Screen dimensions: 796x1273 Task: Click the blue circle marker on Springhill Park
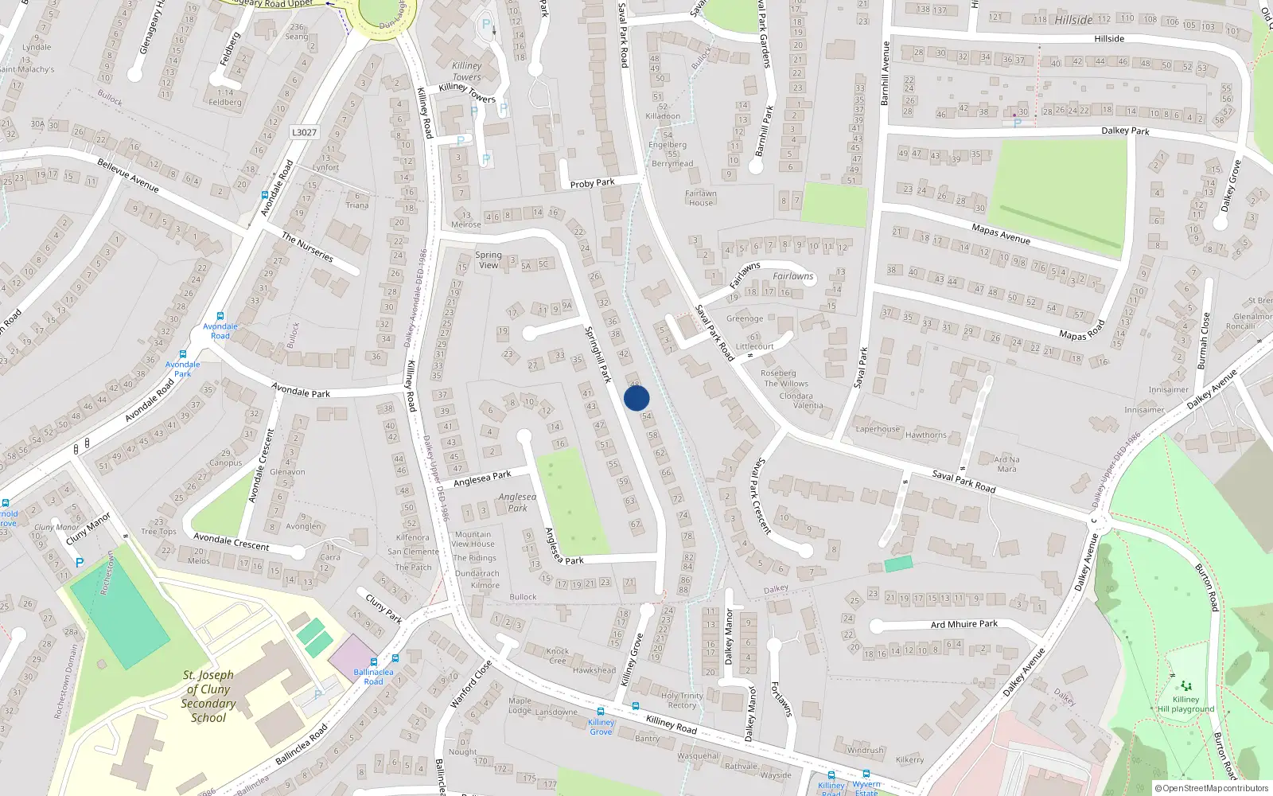pos(636,398)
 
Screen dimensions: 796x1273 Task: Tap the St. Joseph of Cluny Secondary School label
pos(208,696)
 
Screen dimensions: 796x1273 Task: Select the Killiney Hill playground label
pos(1185,704)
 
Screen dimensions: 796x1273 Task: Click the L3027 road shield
pos(304,132)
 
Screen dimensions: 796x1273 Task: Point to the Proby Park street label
pos(592,183)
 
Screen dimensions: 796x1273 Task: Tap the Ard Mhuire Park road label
pos(964,624)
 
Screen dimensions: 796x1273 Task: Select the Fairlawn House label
pos(701,198)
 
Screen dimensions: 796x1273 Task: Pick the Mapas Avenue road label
pos(1001,234)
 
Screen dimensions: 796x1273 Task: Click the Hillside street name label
pos(1109,38)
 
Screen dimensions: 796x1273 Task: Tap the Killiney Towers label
pos(467,72)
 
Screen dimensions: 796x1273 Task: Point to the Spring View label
pos(489,260)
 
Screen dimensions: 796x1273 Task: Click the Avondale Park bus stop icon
pos(183,355)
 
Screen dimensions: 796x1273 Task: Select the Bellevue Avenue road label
pos(128,175)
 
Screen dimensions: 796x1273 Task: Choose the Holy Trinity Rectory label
pos(682,700)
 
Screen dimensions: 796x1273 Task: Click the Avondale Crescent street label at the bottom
pos(232,541)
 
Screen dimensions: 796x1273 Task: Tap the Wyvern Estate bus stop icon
pos(866,774)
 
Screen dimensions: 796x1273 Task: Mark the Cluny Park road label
pos(383,607)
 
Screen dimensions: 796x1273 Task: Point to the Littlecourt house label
pos(754,346)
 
